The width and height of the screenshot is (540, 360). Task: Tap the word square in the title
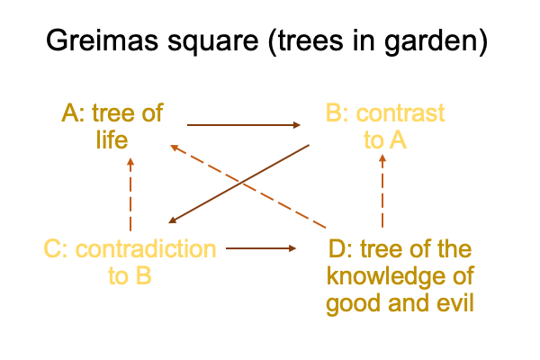coord(212,43)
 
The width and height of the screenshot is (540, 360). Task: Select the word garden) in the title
coord(436,42)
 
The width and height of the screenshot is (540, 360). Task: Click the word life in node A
coord(112,139)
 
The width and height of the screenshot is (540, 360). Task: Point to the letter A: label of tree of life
coord(73,113)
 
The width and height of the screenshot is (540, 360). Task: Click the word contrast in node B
coord(400,113)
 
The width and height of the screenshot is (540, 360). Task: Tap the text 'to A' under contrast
coord(385,139)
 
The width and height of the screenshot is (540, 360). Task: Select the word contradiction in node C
coord(146,248)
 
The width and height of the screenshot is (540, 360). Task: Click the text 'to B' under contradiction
coord(130,275)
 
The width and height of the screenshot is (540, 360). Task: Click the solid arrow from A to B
coord(244,125)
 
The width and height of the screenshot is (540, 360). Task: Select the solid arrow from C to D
coord(261,248)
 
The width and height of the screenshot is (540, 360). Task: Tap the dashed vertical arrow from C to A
coord(130,194)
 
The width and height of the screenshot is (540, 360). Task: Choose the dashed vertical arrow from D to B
coord(382,191)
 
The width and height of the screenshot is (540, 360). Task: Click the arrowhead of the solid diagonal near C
coord(172,220)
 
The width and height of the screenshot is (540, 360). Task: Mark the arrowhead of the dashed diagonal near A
coord(175,148)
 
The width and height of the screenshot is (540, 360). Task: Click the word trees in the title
coord(310,40)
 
